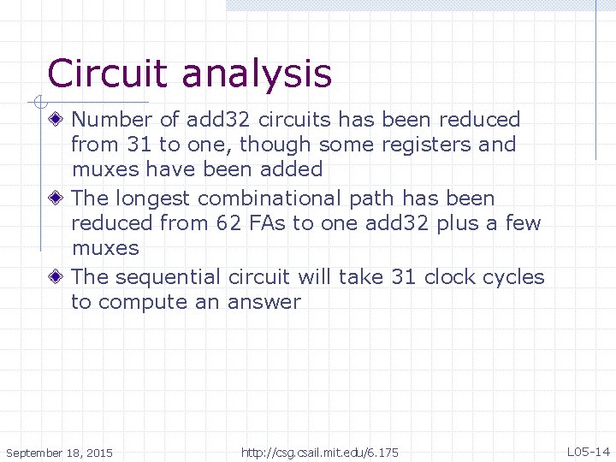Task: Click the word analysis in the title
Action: click(x=256, y=75)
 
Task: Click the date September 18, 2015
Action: click(x=59, y=451)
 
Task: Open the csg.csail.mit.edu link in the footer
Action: click(x=320, y=451)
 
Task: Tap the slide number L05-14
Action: click(x=588, y=451)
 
